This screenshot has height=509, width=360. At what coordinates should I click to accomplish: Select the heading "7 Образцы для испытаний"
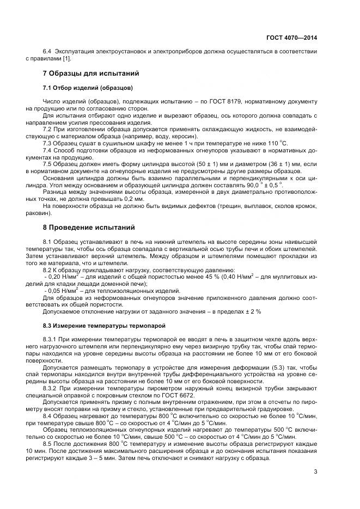click(x=91, y=73)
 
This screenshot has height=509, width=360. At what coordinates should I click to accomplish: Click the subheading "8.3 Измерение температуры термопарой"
click(x=103, y=326)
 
